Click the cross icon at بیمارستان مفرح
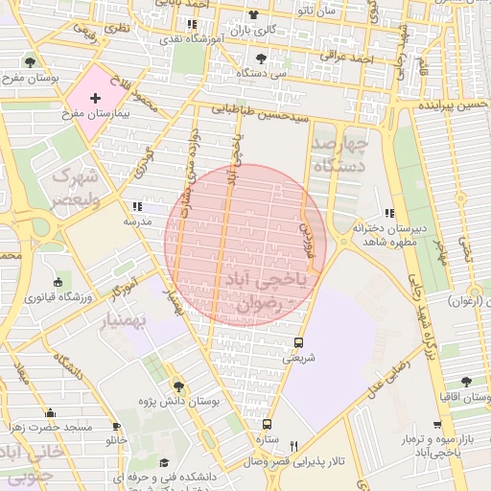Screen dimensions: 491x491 point(94,99)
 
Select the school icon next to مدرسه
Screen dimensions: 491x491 point(135,206)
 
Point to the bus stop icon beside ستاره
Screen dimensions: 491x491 point(268,424)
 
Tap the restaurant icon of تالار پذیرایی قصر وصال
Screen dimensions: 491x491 point(294,446)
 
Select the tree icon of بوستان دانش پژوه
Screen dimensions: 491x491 point(179,386)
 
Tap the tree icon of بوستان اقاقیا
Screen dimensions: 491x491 point(465,381)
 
